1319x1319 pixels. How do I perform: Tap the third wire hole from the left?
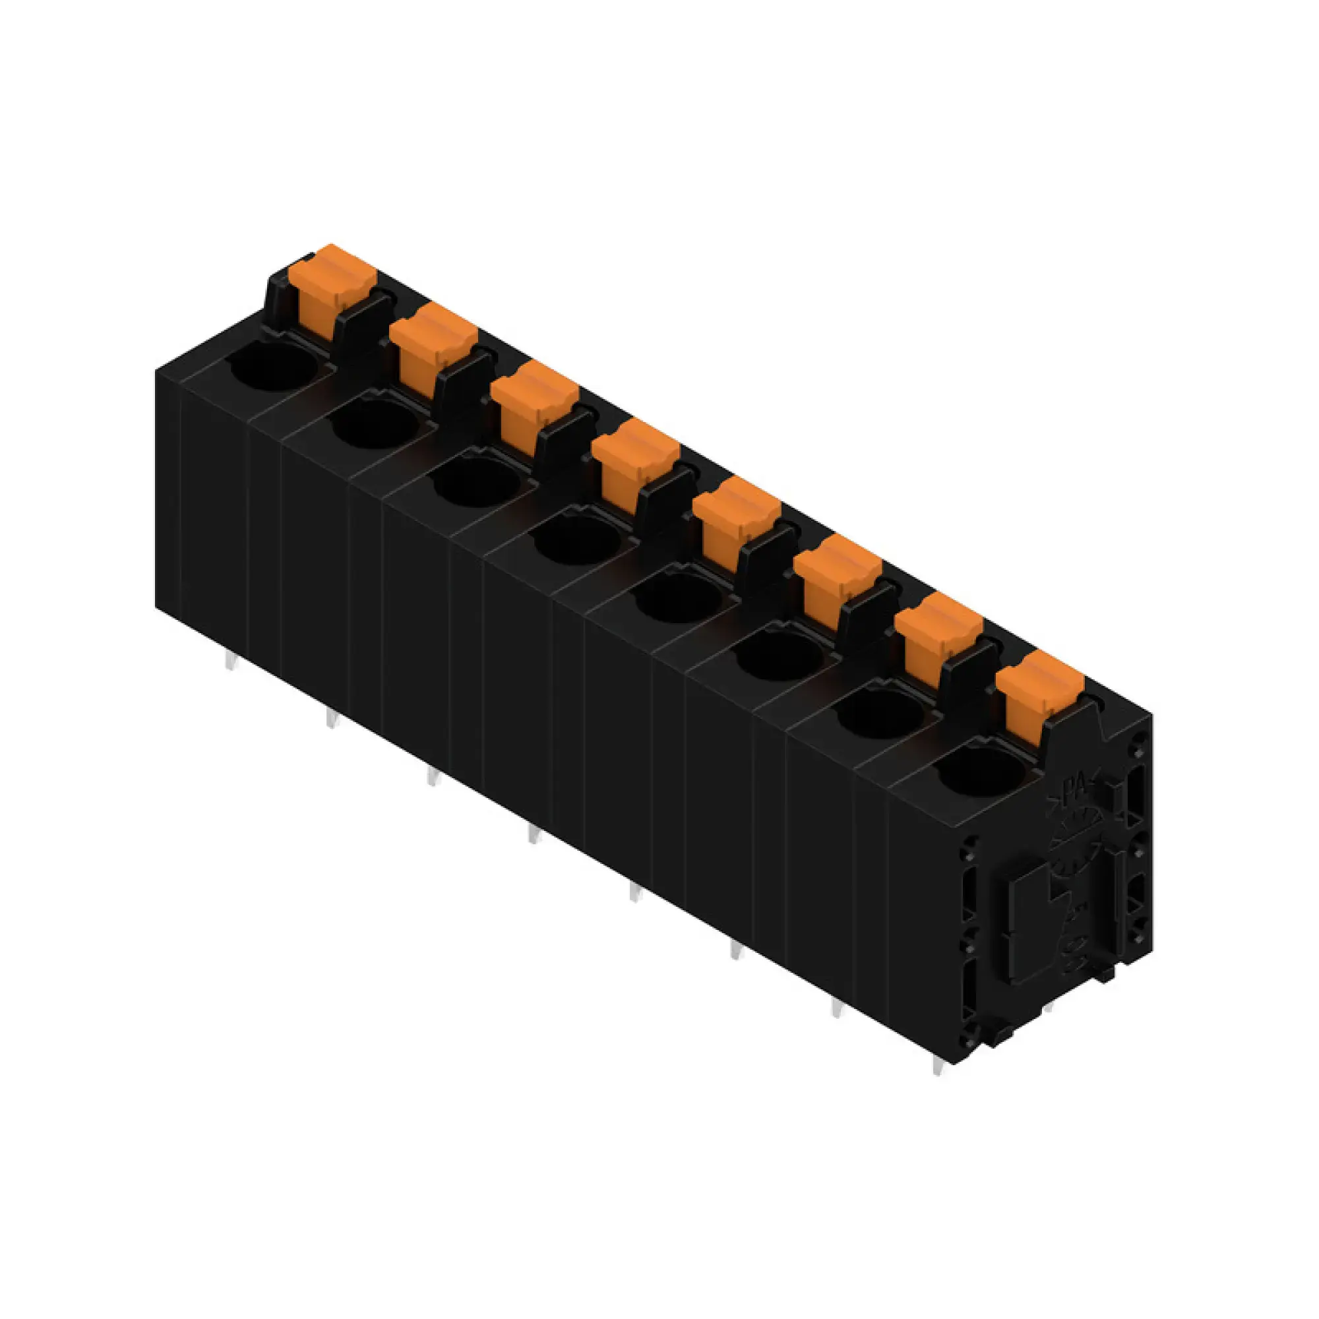(477, 482)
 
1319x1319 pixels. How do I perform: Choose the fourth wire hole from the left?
(578, 540)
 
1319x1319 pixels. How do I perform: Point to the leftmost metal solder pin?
(231, 661)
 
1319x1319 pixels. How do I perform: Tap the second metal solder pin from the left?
(331, 718)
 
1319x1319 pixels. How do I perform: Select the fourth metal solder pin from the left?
(533, 834)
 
